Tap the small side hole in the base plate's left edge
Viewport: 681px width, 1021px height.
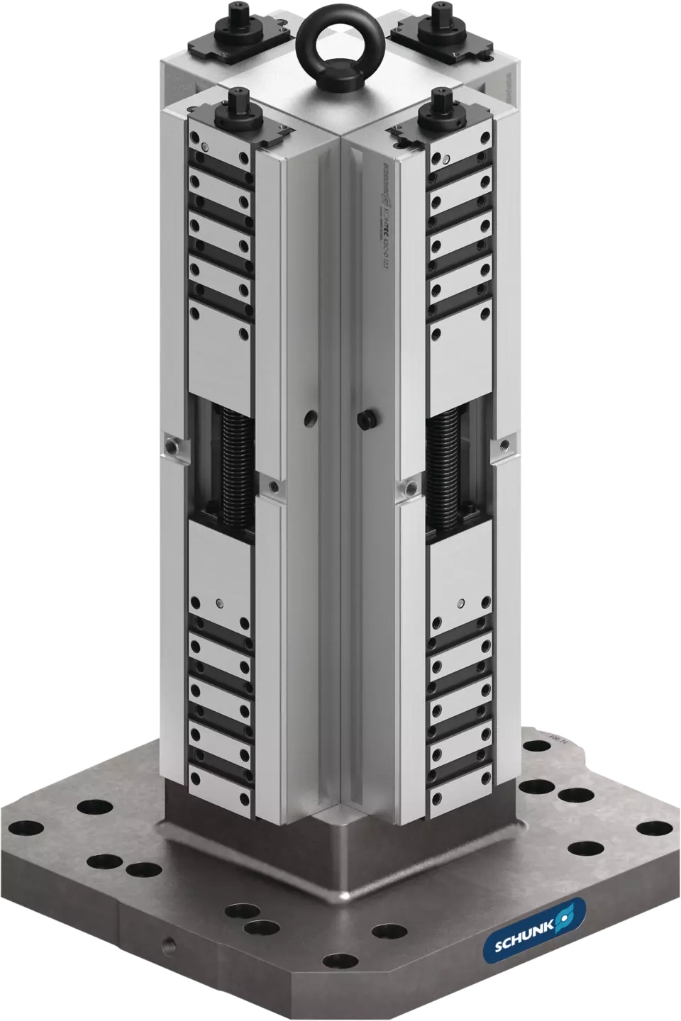pyautogui.click(x=167, y=944)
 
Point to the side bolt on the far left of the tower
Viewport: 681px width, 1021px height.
pyautogui.click(x=172, y=445)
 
